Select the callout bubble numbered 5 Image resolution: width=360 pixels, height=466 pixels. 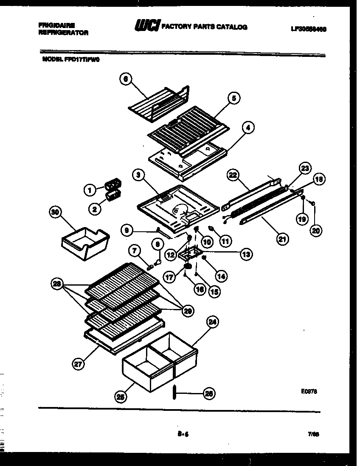[x=233, y=98]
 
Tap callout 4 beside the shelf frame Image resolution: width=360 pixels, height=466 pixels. [x=248, y=127]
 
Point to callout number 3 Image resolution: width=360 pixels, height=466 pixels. [x=137, y=174]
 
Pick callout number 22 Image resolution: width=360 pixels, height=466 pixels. [x=233, y=175]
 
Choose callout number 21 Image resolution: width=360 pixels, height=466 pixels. [x=282, y=239]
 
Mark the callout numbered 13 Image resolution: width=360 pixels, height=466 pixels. [x=245, y=254]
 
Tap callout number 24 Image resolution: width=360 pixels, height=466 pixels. [x=212, y=322]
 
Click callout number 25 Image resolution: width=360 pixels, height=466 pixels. [x=121, y=397]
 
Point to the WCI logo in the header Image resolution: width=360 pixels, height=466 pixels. [x=147, y=26]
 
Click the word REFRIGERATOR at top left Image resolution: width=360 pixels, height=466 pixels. [x=63, y=33]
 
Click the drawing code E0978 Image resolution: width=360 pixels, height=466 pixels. [x=309, y=392]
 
